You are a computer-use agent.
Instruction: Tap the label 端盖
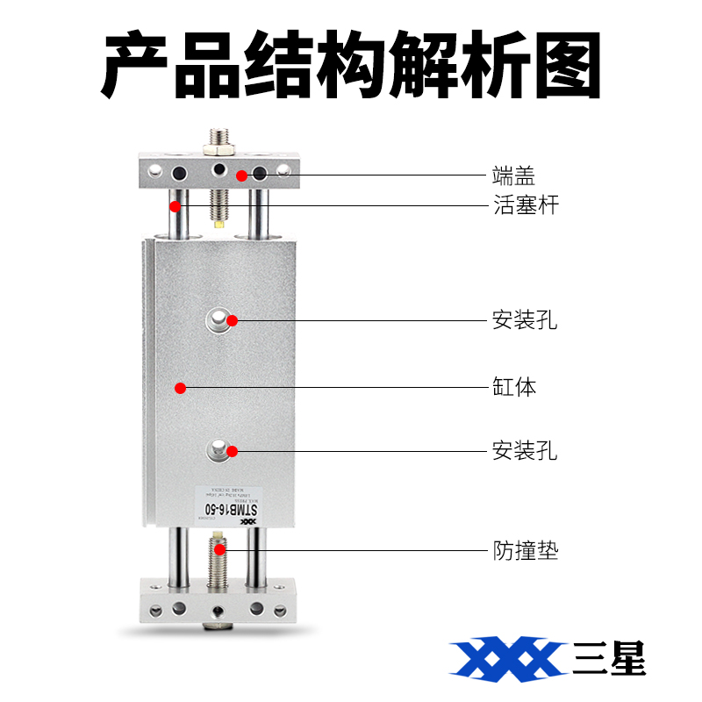click(x=513, y=175)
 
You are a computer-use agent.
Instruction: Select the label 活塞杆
click(x=524, y=206)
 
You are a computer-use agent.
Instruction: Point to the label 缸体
click(x=513, y=387)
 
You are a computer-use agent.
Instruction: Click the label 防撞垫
click(x=524, y=551)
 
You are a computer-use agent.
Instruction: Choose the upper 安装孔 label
click(x=524, y=319)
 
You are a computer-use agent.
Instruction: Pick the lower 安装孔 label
click(x=524, y=452)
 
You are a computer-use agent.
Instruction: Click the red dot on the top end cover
click(x=240, y=175)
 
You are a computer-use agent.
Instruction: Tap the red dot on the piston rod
click(x=175, y=207)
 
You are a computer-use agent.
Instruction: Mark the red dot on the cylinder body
click(x=179, y=387)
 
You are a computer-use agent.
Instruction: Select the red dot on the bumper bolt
click(x=220, y=550)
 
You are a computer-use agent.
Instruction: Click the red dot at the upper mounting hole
click(x=233, y=320)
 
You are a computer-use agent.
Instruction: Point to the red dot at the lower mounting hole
click(x=233, y=452)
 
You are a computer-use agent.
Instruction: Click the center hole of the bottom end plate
click(x=218, y=608)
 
